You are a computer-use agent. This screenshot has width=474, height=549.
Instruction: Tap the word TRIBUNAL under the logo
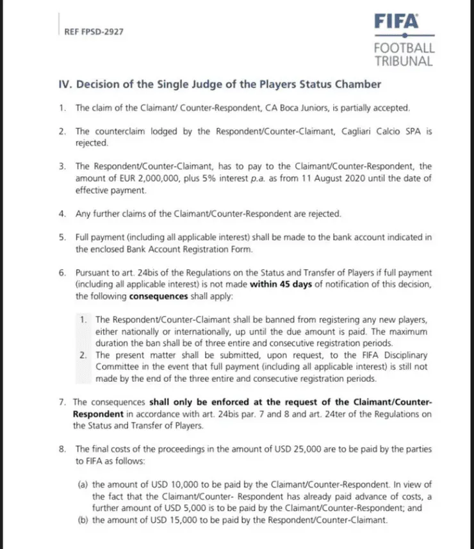404,61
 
